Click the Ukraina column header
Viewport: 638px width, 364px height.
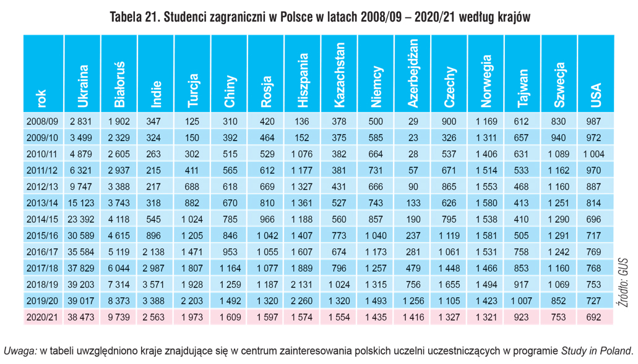click(82, 86)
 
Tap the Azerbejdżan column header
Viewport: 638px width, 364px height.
click(413, 73)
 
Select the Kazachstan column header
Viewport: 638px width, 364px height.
click(339, 75)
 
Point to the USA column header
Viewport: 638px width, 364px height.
click(596, 95)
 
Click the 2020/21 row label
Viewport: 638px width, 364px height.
click(42, 317)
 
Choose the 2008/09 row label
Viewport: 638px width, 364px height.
click(42, 121)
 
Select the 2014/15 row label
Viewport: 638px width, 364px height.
click(42, 219)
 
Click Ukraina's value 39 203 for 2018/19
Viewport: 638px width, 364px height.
click(81, 285)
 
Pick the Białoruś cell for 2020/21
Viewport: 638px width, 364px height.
click(119, 317)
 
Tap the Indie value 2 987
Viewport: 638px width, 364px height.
click(153, 268)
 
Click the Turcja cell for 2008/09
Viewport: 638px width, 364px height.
click(192, 121)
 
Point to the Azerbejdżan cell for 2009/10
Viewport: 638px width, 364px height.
click(413, 137)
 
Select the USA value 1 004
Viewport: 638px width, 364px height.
click(593, 154)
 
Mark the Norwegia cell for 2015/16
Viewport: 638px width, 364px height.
click(486, 235)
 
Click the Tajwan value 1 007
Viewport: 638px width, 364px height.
click(521, 301)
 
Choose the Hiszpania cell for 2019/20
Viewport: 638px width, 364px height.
click(301, 301)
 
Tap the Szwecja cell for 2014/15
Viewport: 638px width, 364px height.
click(558, 219)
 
